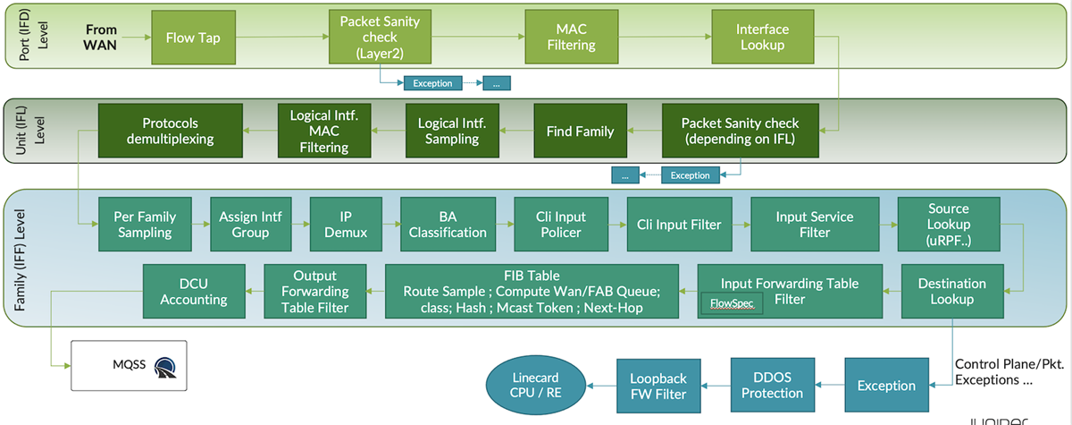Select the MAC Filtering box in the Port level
point(570,37)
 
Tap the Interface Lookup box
point(762,37)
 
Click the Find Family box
point(580,132)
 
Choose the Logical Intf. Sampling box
point(451,132)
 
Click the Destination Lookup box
point(952,292)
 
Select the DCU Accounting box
point(194,292)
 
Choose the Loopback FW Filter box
point(657,385)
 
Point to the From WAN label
point(101,37)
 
